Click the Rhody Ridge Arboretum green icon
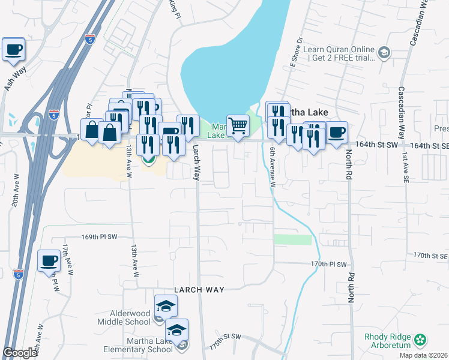[x=420, y=341]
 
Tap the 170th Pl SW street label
[x=329, y=264]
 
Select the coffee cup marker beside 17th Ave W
[x=49, y=261]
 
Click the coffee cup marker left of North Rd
[x=337, y=132]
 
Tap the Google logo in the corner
[x=20, y=353]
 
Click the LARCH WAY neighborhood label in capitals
[x=199, y=290]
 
